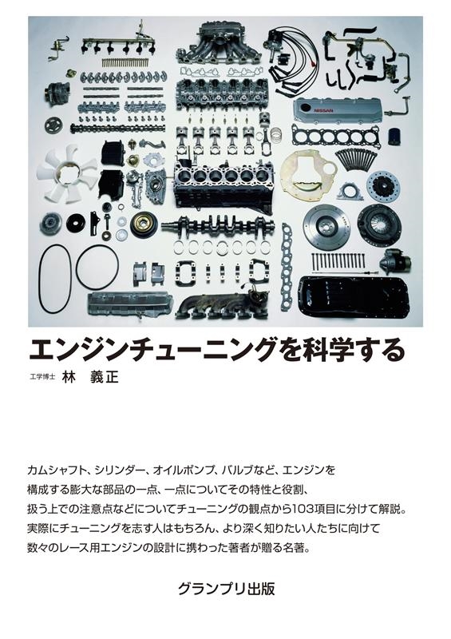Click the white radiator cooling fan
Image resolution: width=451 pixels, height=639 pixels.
[x=66, y=173]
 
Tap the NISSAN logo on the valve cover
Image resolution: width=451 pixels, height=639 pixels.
[x=323, y=111]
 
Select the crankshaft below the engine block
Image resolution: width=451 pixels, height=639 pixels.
[x=219, y=226]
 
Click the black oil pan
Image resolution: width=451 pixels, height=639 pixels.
[x=354, y=296]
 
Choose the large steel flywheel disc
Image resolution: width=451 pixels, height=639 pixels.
[x=327, y=225]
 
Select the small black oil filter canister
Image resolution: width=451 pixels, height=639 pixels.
[x=394, y=137]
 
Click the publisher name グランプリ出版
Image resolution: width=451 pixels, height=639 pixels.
[x=226, y=589]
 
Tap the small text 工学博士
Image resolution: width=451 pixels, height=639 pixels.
[x=42, y=377]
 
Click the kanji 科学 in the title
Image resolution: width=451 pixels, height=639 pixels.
[x=326, y=351]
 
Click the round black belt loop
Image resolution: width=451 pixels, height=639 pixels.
[x=97, y=267]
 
